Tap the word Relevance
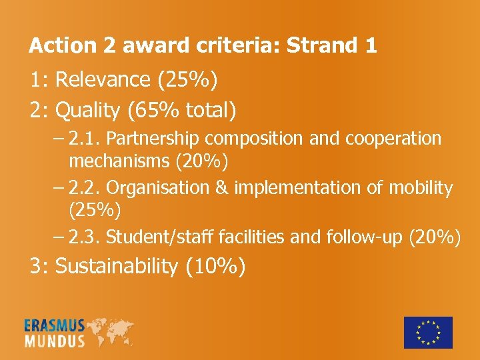103,80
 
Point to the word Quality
86,109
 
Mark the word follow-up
361,237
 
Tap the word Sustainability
117,267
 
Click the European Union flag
428,332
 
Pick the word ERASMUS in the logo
55,326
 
